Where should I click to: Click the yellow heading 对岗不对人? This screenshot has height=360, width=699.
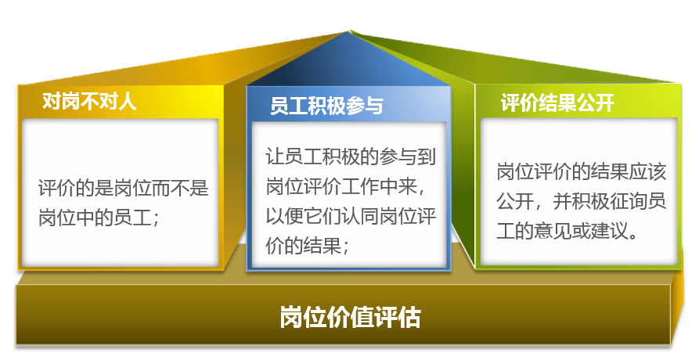click(89, 101)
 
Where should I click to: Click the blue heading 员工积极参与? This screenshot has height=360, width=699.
click(326, 106)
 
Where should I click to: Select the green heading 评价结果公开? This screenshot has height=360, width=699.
click(557, 103)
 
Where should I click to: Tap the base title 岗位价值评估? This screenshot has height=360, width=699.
click(350, 317)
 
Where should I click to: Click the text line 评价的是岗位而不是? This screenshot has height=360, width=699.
click(124, 188)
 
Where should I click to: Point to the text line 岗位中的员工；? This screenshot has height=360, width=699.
click(99, 218)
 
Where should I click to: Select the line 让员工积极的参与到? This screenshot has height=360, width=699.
click(351, 157)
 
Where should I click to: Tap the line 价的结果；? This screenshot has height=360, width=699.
click(308, 245)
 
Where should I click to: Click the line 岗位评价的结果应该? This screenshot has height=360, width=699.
click(582, 171)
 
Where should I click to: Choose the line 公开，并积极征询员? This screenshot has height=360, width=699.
click(582, 201)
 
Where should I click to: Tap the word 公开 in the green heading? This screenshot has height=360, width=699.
click(596, 103)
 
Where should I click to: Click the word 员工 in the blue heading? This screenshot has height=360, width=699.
click(289, 106)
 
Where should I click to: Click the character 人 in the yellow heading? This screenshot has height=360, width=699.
click(127, 101)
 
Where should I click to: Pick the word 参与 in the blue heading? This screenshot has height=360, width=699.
click(365, 106)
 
